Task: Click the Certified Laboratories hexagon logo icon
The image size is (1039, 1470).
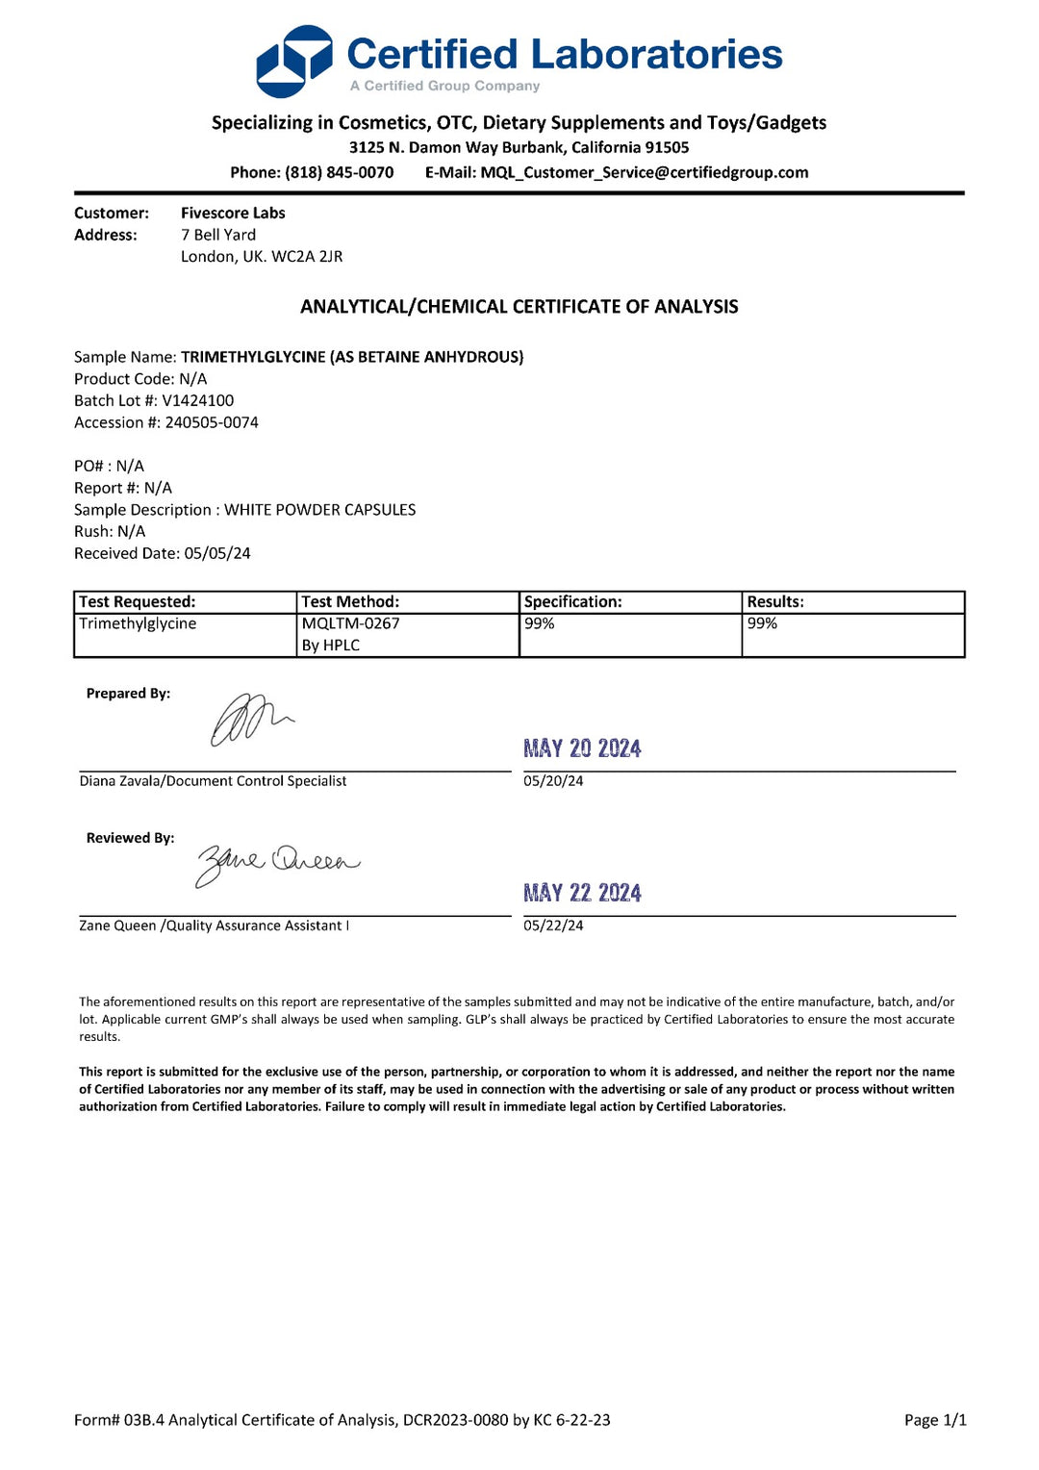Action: pos(293,62)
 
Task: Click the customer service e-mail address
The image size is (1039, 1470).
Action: pos(645,173)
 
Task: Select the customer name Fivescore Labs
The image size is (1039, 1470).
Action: pos(233,214)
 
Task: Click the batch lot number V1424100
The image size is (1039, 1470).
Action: pos(197,401)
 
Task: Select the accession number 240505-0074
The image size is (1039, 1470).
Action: pos(212,423)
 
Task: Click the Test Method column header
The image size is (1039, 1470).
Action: pos(350,602)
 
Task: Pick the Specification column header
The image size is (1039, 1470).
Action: pos(572,602)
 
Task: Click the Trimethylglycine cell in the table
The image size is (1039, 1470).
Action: pos(138,624)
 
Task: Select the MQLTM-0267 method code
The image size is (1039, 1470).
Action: pos(350,624)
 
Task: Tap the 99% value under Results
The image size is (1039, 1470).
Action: pos(762,624)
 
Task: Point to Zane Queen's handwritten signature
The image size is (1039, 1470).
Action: pos(277,862)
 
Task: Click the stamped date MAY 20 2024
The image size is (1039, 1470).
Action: pos(582,748)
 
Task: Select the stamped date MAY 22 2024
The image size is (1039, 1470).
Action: pos(582,893)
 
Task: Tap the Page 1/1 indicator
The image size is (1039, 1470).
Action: pos(935,1420)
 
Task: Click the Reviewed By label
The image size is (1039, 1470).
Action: pos(130,839)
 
